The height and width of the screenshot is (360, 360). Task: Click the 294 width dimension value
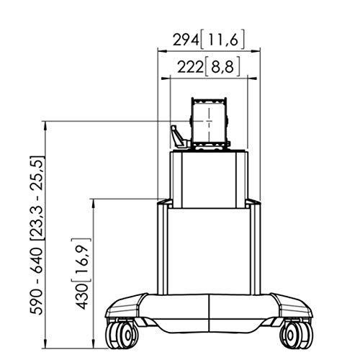tap(186, 40)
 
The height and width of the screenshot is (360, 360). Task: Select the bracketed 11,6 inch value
tap(222, 40)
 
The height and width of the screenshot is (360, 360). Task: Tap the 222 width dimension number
tap(190, 67)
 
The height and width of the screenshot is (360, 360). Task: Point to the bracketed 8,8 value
tap(222, 66)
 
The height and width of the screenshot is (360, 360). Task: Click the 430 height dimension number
tap(82, 296)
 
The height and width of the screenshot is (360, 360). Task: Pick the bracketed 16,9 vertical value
tap(81, 260)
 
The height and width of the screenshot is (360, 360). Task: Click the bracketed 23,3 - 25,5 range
tap(37, 198)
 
